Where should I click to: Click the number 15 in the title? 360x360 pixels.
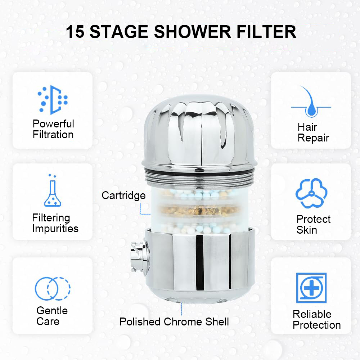pyautogui.click(x=75, y=32)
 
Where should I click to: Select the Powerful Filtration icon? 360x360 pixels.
pyautogui.click(x=53, y=100)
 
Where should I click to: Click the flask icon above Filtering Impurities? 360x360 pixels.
pyautogui.click(x=53, y=190)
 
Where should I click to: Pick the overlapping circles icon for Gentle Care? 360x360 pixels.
pyautogui.click(x=53, y=289)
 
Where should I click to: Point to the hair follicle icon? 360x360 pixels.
pyautogui.click(x=311, y=102)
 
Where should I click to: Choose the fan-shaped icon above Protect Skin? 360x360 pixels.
pyautogui.click(x=311, y=193)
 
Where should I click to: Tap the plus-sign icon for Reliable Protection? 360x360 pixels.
pyautogui.click(x=311, y=288)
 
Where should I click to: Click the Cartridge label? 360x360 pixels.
pyautogui.click(x=123, y=195)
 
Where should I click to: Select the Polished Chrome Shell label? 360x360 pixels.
pyautogui.click(x=174, y=321)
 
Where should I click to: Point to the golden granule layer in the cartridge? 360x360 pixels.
pyautogui.click(x=199, y=210)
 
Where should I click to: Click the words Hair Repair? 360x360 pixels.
pyautogui.click(x=314, y=132)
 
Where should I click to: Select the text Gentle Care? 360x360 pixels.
pyautogui.click(x=52, y=316)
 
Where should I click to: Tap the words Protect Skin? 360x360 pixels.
pyautogui.click(x=314, y=225)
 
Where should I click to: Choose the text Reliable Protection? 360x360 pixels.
pyautogui.click(x=316, y=320)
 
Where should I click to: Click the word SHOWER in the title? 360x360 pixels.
pyautogui.click(x=192, y=32)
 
